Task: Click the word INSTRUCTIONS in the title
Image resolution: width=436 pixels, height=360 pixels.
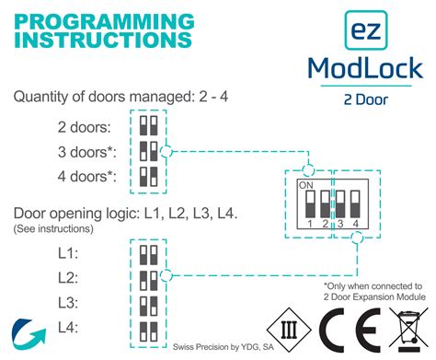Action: click(104, 40)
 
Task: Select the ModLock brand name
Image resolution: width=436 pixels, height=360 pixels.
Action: click(365, 68)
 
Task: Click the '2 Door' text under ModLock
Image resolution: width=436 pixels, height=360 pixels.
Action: click(365, 99)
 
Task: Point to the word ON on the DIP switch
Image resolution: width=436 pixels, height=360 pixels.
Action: click(305, 184)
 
